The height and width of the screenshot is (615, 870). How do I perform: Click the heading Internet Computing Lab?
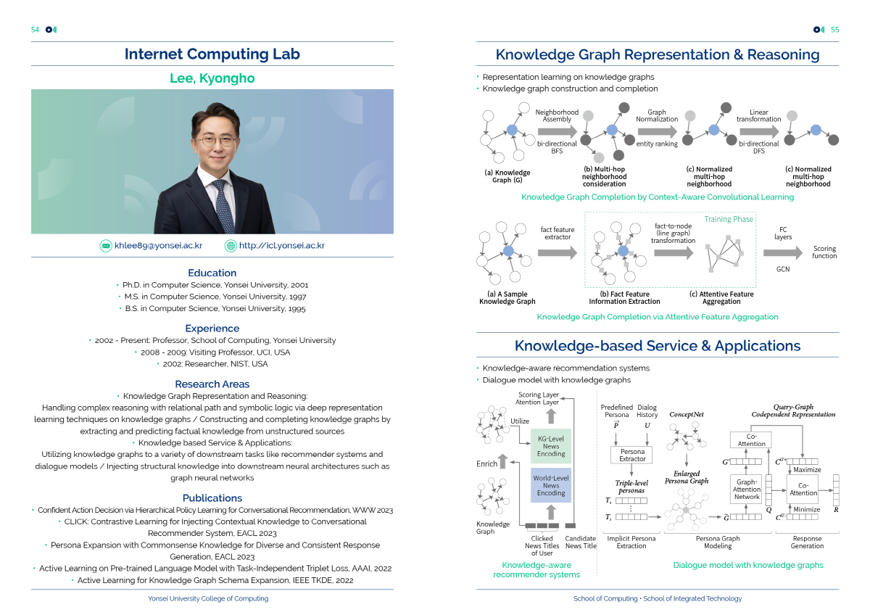coord(212,54)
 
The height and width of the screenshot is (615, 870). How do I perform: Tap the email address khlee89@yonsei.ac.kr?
coord(158,246)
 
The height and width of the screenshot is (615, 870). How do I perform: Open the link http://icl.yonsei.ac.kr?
coord(282,246)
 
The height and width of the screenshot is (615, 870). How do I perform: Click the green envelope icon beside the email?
coord(107,246)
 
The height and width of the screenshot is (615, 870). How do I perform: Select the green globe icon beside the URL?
coord(231,246)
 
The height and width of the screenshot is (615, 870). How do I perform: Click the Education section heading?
coord(212,273)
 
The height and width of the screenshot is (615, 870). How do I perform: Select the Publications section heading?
coord(212,498)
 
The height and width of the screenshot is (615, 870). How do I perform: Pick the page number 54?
coord(35,30)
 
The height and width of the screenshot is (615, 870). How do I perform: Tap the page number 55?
coord(834,30)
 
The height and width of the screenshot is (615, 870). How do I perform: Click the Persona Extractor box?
coord(632,455)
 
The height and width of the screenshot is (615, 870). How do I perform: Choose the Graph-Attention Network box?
coord(747,488)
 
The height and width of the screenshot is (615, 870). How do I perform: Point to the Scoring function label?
coord(824,252)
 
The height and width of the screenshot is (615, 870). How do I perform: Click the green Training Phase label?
coord(729,219)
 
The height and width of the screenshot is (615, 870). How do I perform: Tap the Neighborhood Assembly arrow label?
coord(557,116)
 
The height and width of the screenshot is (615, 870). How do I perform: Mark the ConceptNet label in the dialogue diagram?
coord(686,415)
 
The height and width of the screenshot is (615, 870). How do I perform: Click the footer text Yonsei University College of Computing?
coord(208,599)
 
